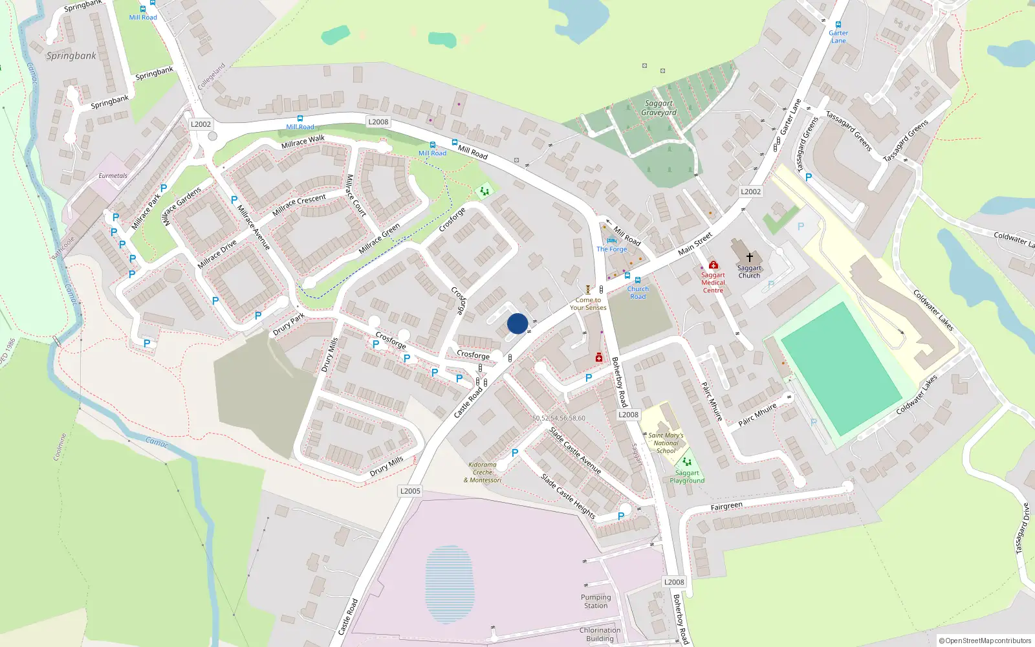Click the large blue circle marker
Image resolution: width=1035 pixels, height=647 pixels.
coord(517,323)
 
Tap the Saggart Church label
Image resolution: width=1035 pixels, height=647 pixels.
coord(749,272)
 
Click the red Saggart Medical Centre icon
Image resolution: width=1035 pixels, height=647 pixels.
coord(713,265)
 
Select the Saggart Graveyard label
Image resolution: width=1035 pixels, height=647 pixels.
coord(659,108)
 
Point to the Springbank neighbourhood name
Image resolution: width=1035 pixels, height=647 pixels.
coord(71,56)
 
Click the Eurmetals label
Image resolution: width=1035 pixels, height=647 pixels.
coord(113,176)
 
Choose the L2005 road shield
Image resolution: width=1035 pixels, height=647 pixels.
coord(410,491)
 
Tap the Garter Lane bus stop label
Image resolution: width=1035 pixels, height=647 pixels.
coord(838,37)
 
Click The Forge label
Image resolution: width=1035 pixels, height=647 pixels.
coord(611,249)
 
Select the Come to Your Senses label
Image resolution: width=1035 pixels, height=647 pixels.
coord(588,303)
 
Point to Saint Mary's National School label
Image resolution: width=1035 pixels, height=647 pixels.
coord(666,443)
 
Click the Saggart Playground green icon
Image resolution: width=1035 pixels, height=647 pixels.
coord(687,462)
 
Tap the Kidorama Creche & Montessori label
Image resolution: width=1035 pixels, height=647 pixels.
coord(483,472)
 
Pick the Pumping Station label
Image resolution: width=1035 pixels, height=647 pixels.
coord(596,602)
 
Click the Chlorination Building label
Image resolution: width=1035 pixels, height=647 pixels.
coord(600,634)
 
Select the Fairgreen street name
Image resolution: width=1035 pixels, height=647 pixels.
coord(726,506)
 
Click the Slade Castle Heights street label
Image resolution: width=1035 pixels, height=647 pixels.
coord(568,496)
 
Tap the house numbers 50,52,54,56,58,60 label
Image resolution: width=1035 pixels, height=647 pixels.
coord(559,419)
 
